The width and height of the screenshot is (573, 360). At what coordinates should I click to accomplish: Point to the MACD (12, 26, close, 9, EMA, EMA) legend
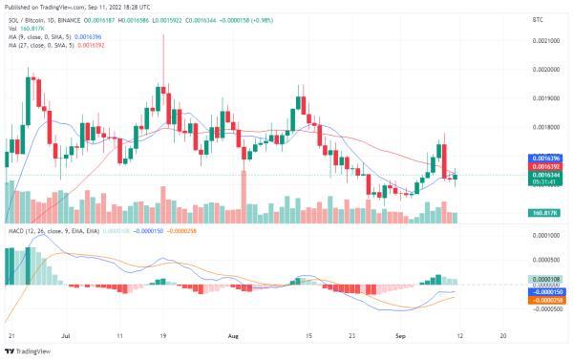(x=48, y=231)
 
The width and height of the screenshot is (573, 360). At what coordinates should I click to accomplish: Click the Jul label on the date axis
(x=66, y=337)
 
